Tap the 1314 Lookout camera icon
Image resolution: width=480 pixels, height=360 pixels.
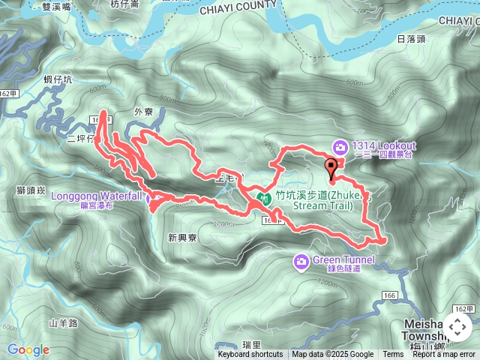click(x=341, y=146)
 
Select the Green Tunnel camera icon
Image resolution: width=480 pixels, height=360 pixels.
click(x=301, y=261)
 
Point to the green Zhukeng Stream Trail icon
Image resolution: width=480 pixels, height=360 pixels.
click(x=264, y=198)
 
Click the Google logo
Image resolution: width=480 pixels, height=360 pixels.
click(x=28, y=349)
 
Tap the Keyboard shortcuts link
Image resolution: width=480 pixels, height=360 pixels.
click(x=250, y=355)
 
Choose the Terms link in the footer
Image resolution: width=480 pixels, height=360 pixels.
click(x=393, y=355)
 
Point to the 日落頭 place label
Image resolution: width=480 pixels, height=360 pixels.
click(x=411, y=39)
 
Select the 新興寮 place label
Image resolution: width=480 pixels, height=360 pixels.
click(x=182, y=238)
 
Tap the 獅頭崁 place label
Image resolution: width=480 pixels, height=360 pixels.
click(x=31, y=191)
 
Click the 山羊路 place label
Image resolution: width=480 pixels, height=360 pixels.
click(x=63, y=324)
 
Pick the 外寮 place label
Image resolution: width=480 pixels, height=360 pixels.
click(x=143, y=112)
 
